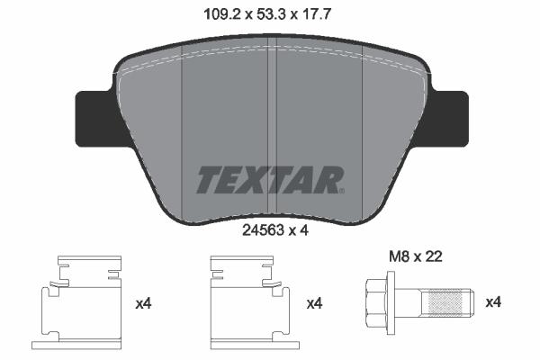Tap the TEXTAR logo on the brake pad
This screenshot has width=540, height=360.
pyautogui.click(x=269, y=179)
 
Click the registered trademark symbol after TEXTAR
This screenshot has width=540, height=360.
pyautogui.click(x=341, y=189)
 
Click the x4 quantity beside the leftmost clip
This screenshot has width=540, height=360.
pyautogui.click(x=143, y=303)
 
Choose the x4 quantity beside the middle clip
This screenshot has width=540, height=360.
pyautogui.click(x=314, y=303)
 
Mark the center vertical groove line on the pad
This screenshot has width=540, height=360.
pyautogui.click(x=274, y=135)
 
